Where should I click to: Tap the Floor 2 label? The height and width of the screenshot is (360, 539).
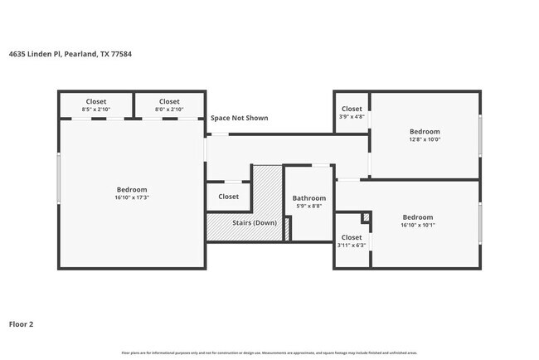click(22, 324)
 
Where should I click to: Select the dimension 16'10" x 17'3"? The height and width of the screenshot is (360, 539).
click(131, 198)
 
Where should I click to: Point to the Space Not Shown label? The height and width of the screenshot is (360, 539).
click(239, 118)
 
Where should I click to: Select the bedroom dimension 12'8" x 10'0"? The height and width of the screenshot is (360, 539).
click(425, 139)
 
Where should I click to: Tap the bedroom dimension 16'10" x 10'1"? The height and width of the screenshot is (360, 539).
click(418, 225)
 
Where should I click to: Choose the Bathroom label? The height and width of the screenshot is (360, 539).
click(308, 198)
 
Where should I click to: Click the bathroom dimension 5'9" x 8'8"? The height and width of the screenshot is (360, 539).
click(308, 207)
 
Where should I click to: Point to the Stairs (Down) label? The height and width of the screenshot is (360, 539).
click(253, 222)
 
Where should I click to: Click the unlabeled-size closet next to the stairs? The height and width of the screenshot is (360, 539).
click(228, 197)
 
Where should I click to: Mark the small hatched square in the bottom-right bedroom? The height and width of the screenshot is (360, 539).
click(366, 217)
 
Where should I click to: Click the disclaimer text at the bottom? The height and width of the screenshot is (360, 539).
click(269, 353)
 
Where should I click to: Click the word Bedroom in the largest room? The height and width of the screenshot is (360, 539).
click(131, 189)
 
